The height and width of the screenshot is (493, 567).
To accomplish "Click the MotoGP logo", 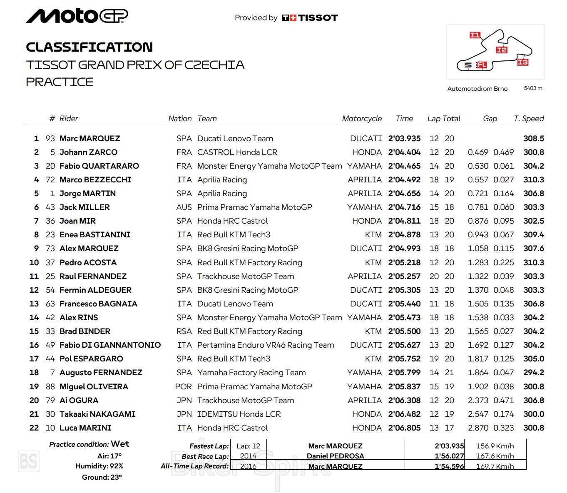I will coord(77,16).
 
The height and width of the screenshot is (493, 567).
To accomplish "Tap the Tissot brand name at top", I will coord(318,18).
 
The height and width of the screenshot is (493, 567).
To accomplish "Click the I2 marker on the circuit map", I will coord(502,50).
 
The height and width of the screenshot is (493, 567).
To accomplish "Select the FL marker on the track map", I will coord(482,65).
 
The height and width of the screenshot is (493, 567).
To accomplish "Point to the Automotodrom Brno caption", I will coord(477,89).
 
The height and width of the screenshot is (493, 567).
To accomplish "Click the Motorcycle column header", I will coord(361,119).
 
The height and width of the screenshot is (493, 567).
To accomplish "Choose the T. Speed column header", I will coord(529,119).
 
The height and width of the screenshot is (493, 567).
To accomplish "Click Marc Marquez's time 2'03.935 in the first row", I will coord(404,139).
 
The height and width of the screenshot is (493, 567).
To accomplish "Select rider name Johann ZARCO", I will coord(88,152).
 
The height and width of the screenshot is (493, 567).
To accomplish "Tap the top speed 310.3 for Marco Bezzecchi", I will coord(533,180).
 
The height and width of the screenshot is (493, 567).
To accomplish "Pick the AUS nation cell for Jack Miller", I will coord(184,207).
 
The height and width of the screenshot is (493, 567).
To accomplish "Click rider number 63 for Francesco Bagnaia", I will coord(50,304).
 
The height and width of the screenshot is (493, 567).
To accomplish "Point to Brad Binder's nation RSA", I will coord(184,331).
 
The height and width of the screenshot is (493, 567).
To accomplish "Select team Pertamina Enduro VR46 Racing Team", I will coord(266,345).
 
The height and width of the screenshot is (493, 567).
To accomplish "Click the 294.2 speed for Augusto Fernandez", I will coord(533,373).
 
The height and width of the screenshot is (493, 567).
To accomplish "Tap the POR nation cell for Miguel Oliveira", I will coord(184,387).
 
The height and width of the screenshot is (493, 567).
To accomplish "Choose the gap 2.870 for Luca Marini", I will coord(478,428).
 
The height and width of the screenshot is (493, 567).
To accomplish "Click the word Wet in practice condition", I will coord(120,444).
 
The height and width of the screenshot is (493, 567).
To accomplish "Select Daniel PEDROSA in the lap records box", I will coord(335,456).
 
